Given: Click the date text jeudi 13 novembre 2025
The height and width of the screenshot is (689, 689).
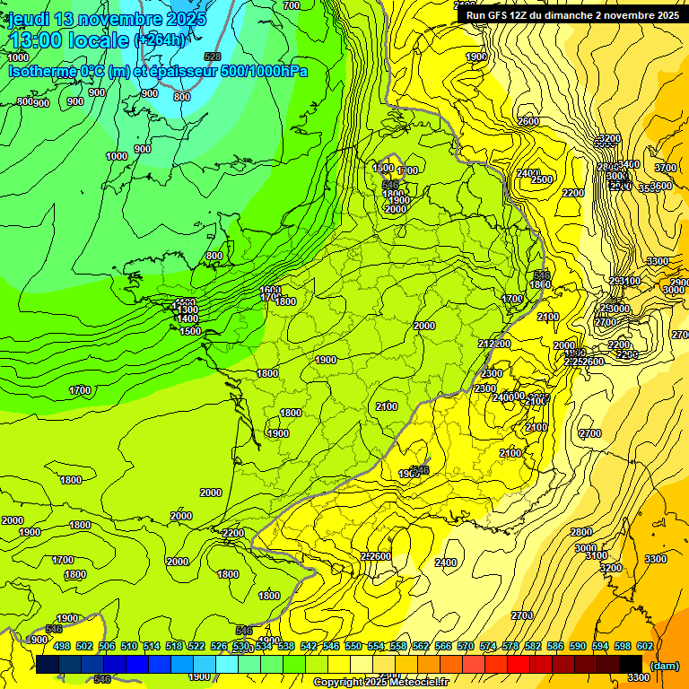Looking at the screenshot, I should [x=108, y=19].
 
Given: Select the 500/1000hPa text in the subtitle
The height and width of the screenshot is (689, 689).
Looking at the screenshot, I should [x=259, y=71].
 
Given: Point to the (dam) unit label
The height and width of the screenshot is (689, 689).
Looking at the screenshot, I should [x=663, y=665].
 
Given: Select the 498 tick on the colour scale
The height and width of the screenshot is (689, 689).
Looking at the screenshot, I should [x=62, y=646].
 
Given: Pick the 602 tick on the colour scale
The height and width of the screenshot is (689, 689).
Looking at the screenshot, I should [x=644, y=646].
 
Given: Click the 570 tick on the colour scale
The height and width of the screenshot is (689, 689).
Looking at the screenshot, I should [x=465, y=646].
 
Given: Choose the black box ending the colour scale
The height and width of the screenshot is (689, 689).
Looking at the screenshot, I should [x=631, y=665].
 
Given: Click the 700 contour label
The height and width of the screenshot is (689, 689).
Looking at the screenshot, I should [x=291, y=6].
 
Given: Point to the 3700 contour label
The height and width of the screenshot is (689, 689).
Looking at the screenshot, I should [x=665, y=168].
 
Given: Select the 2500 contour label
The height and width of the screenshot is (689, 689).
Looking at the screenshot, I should [x=541, y=179].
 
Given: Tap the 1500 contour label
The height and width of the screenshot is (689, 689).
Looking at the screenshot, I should [x=189, y=331].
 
